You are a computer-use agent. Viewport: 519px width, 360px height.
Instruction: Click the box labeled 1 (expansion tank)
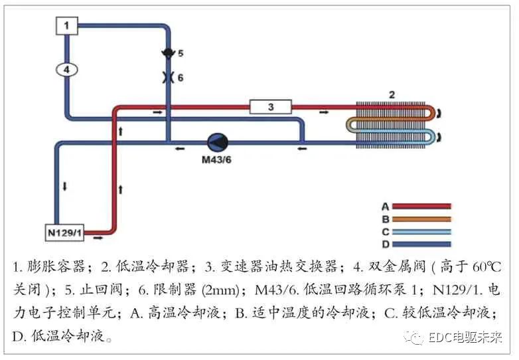[x=66, y=26]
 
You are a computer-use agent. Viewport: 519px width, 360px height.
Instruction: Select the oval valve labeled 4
[x=66, y=69]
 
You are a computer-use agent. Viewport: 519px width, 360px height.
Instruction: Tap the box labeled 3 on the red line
[x=270, y=106]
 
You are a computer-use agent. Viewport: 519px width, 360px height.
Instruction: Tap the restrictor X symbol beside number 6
[x=166, y=77]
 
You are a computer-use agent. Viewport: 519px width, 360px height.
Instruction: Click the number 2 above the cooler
[x=392, y=95]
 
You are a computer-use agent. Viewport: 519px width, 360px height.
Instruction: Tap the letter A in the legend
[x=385, y=206]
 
